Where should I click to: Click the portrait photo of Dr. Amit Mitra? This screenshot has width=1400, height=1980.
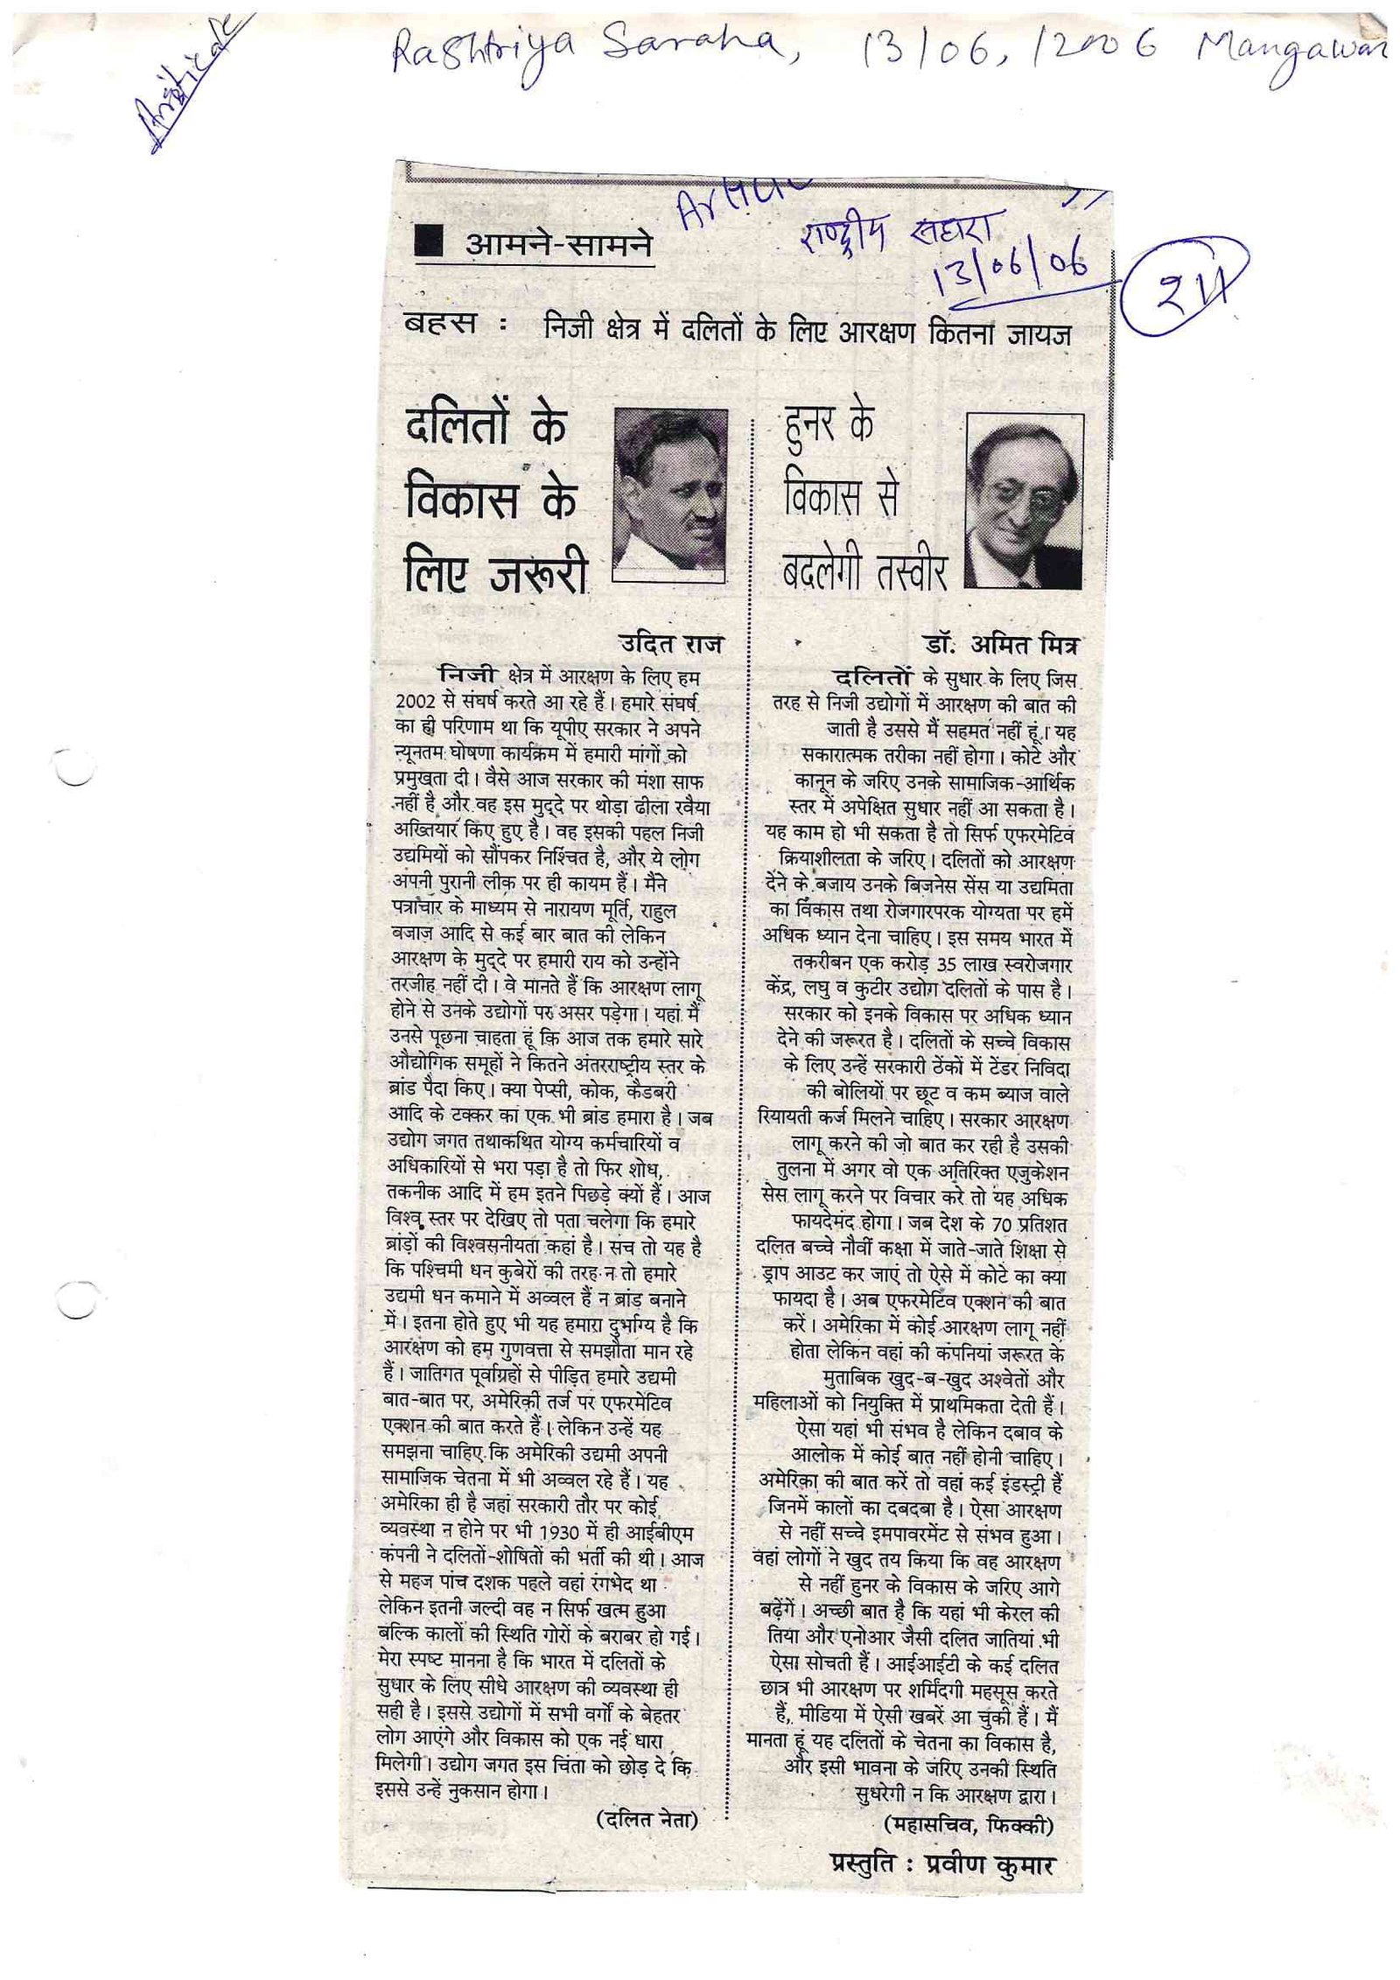[x=1024, y=500]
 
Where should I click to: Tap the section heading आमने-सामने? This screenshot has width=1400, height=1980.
[x=558, y=246]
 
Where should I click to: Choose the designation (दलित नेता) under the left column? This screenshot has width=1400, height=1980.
[x=647, y=1796]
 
